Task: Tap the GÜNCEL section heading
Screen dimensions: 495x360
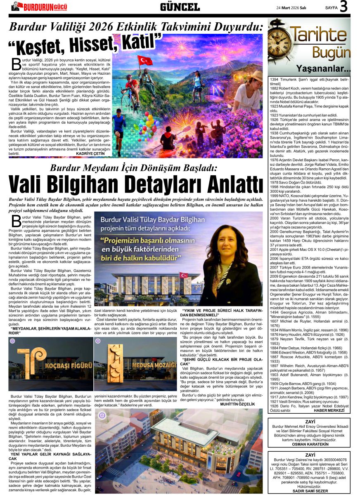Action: [x=180, y=7]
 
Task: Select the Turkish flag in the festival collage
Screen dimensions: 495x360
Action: [x=145, y=61]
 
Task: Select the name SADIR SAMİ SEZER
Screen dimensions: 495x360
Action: [x=309, y=491]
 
